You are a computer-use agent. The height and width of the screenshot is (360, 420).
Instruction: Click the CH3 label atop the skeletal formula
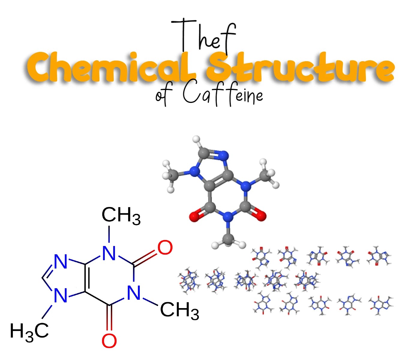[121, 215]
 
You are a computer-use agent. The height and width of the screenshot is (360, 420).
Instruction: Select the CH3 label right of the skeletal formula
[179, 310]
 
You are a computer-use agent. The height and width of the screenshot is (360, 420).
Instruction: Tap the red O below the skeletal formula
[109, 340]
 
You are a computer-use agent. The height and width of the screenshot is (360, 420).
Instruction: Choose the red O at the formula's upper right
[165, 248]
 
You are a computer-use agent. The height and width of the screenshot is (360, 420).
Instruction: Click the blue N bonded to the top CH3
[109, 253]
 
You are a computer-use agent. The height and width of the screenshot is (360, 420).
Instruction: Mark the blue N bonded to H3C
[61, 295]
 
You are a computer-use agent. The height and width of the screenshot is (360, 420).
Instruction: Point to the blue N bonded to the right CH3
[134, 293]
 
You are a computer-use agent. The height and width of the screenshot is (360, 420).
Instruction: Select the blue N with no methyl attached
[61, 262]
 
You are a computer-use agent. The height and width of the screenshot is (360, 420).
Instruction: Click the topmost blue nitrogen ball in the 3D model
[223, 155]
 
